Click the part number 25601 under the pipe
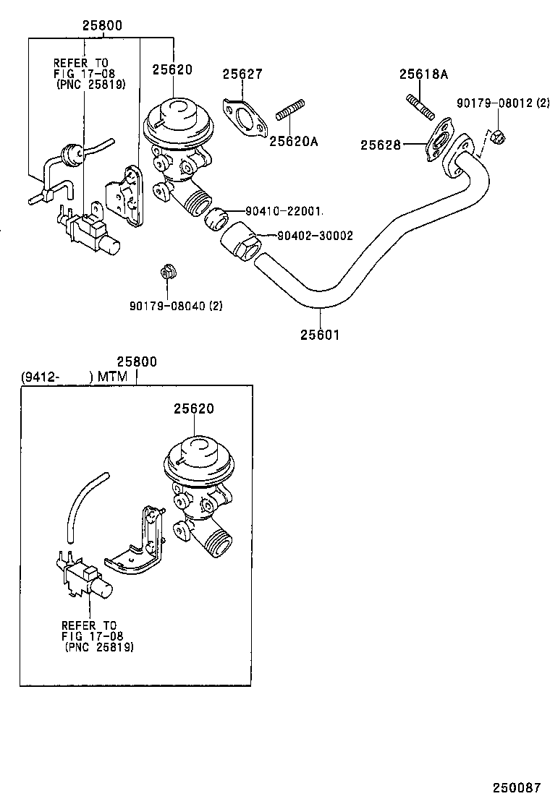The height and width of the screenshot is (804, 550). point(319,335)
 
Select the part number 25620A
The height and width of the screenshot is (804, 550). point(294,141)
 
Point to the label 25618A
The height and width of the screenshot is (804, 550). point(423,74)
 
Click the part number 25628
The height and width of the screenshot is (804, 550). point(381,145)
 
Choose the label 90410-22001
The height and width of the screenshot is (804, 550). point(283,211)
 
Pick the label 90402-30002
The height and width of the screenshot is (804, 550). point(315,235)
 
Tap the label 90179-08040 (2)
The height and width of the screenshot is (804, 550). point(176,306)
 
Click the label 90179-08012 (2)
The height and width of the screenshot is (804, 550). point(502,103)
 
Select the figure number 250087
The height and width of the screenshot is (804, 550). point(517,787)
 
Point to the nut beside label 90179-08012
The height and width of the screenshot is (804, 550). point(496,135)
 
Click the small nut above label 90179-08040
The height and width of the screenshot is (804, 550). point(168,274)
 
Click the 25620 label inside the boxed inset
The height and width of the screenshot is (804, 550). point(193,409)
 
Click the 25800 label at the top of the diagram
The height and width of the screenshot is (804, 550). point(101,25)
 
